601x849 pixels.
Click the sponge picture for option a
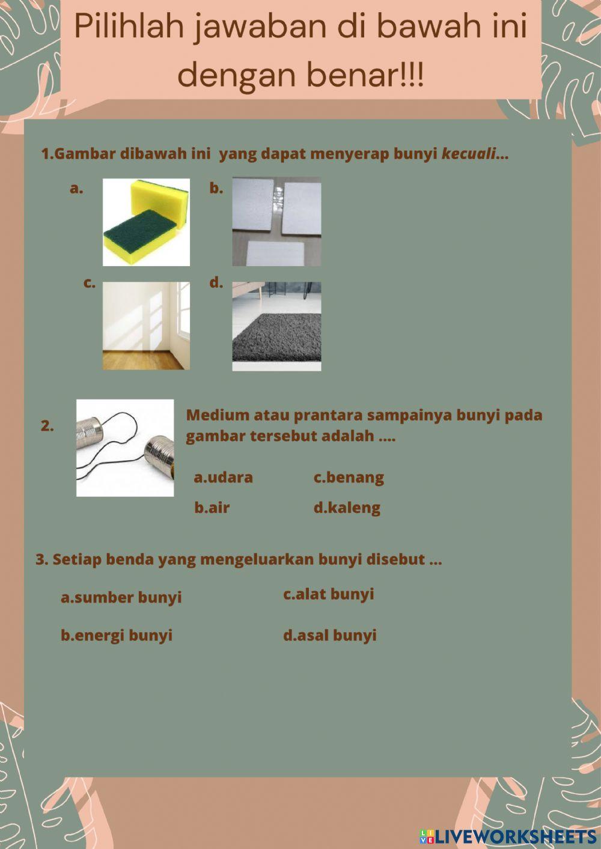tap(146, 222)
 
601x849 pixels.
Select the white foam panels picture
tap(276, 221)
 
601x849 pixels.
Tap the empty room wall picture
tap(146, 326)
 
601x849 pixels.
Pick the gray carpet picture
tap(276, 326)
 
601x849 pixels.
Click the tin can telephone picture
tap(125, 448)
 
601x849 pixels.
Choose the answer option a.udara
tap(223, 478)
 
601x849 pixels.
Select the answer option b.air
tap(212, 508)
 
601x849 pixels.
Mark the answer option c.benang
tap(349, 478)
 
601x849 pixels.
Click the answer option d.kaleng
tap(347, 508)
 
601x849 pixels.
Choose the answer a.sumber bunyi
tap(121, 597)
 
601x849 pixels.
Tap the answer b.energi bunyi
tap(117, 635)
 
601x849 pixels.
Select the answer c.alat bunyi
tap(329, 594)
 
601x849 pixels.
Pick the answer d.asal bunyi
tap(330, 635)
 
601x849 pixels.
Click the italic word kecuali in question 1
tap(469, 154)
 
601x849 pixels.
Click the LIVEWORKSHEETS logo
tap(508, 836)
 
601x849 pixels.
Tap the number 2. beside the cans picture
tap(47, 426)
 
